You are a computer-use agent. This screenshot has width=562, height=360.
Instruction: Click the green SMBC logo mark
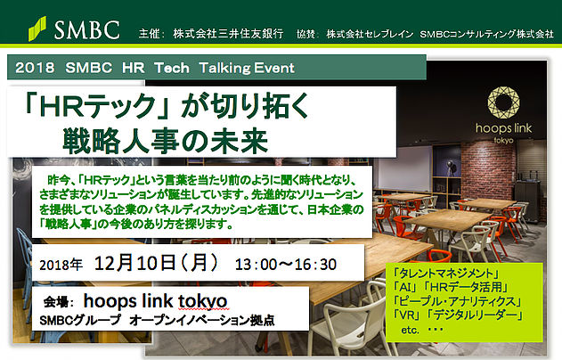[x=37, y=29]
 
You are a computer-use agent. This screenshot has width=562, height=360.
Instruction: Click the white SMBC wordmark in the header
[x=87, y=29]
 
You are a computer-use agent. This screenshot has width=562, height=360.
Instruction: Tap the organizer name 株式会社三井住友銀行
[x=228, y=34]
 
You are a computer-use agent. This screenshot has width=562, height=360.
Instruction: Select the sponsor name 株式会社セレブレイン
[x=370, y=34]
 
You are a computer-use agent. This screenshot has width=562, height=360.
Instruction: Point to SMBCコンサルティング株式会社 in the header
[x=486, y=34]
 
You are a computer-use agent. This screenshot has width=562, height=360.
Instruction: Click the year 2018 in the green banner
[x=35, y=68]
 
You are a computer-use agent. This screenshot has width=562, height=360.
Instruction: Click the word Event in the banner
[x=273, y=68]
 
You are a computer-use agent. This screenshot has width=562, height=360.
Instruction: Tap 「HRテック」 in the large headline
[x=96, y=106]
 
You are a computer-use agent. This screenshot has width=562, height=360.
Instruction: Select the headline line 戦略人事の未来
[x=166, y=141]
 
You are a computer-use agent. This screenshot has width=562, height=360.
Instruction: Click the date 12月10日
[x=134, y=263]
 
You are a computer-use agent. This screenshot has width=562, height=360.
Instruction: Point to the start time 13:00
[x=256, y=265]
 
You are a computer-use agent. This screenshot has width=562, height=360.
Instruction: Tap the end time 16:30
[x=315, y=265]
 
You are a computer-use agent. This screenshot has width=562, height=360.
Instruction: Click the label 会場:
[x=59, y=302]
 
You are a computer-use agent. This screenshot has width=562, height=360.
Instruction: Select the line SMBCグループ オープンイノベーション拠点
[x=157, y=320]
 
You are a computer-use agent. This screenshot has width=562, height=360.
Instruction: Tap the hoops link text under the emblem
[x=503, y=128]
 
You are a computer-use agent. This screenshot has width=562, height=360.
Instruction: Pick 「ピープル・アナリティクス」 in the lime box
[x=457, y=301]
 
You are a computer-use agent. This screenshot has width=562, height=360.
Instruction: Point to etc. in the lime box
[x=411, y=330]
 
